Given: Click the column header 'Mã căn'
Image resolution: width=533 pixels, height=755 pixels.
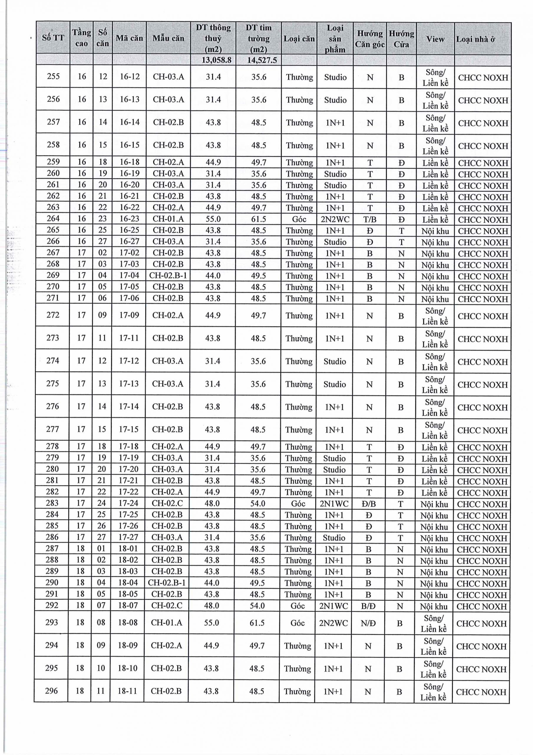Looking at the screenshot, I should [x=129, y=38].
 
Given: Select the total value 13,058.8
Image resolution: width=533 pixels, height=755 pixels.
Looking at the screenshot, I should [x=213, y=60].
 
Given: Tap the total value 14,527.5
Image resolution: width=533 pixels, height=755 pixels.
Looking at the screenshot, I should [x=259, y=60].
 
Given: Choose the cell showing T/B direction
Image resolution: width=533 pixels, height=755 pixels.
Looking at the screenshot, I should [x=370, y=219].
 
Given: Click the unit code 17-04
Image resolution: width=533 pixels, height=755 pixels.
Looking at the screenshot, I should [x=129, y=275].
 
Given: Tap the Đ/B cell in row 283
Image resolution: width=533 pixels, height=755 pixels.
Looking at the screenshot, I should [x=369, y=503].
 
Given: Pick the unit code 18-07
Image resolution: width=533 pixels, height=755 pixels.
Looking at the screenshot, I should [x=128, y=605].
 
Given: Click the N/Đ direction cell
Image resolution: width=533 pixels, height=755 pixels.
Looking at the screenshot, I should [x=368, y=623].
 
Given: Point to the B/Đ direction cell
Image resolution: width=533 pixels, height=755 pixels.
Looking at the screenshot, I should [x=368, y=606].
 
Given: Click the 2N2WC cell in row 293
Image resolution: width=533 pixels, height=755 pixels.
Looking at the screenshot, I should [x=333, y=623].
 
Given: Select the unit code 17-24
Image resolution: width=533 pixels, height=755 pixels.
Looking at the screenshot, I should [x=128, y=503].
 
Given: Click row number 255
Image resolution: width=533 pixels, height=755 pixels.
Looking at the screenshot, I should [x=53, y=76].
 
